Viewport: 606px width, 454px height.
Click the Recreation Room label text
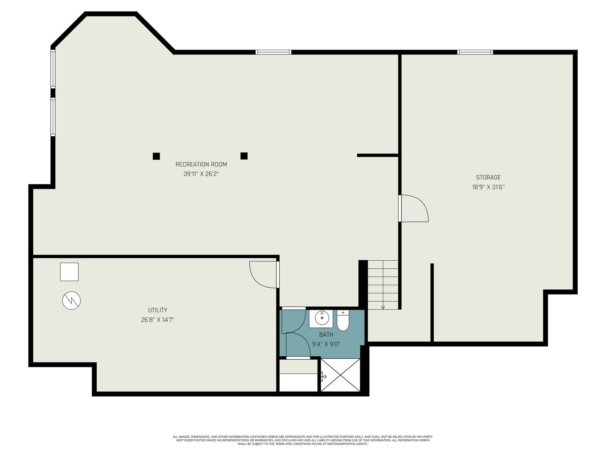201,164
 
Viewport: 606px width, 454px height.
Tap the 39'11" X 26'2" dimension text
201,174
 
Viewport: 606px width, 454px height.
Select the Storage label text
488,177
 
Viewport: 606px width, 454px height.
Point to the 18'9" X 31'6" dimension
488,187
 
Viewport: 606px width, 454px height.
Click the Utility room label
158,310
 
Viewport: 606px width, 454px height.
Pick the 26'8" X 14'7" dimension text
158,320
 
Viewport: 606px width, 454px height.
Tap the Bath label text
326,335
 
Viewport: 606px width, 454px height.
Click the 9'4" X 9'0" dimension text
326,344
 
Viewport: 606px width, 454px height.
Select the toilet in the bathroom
343,320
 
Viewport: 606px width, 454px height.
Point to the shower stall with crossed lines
340,375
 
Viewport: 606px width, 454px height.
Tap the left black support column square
156,156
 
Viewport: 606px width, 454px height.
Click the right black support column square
244,156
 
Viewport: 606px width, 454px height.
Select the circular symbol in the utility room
72,300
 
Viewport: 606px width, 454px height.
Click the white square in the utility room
69,272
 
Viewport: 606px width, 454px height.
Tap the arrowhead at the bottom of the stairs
383,308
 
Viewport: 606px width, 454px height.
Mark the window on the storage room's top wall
475,52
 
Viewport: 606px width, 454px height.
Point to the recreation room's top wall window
273,52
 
